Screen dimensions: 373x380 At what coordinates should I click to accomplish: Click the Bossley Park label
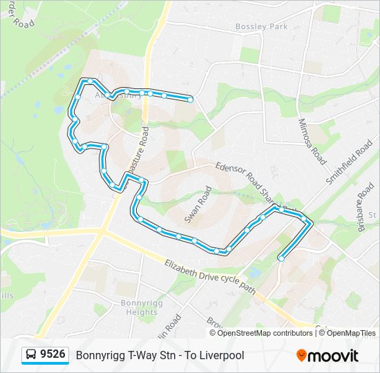[261, 26]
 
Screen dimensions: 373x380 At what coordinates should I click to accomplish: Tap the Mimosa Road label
[311, 141]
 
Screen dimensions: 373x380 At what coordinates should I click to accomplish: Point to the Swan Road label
[197, 205]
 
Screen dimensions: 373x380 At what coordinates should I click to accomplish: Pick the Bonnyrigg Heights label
[139, 307]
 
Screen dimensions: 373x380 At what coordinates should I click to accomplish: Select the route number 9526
[53, 354]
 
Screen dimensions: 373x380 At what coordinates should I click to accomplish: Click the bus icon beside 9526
[32, 355]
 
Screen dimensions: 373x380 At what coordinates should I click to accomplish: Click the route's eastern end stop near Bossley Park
[190, 99]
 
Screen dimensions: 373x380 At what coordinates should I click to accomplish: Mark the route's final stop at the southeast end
[281, 258]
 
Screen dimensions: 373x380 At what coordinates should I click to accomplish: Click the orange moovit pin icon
[302, 356]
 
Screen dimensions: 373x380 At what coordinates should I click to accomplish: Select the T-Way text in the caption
[144, 356]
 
